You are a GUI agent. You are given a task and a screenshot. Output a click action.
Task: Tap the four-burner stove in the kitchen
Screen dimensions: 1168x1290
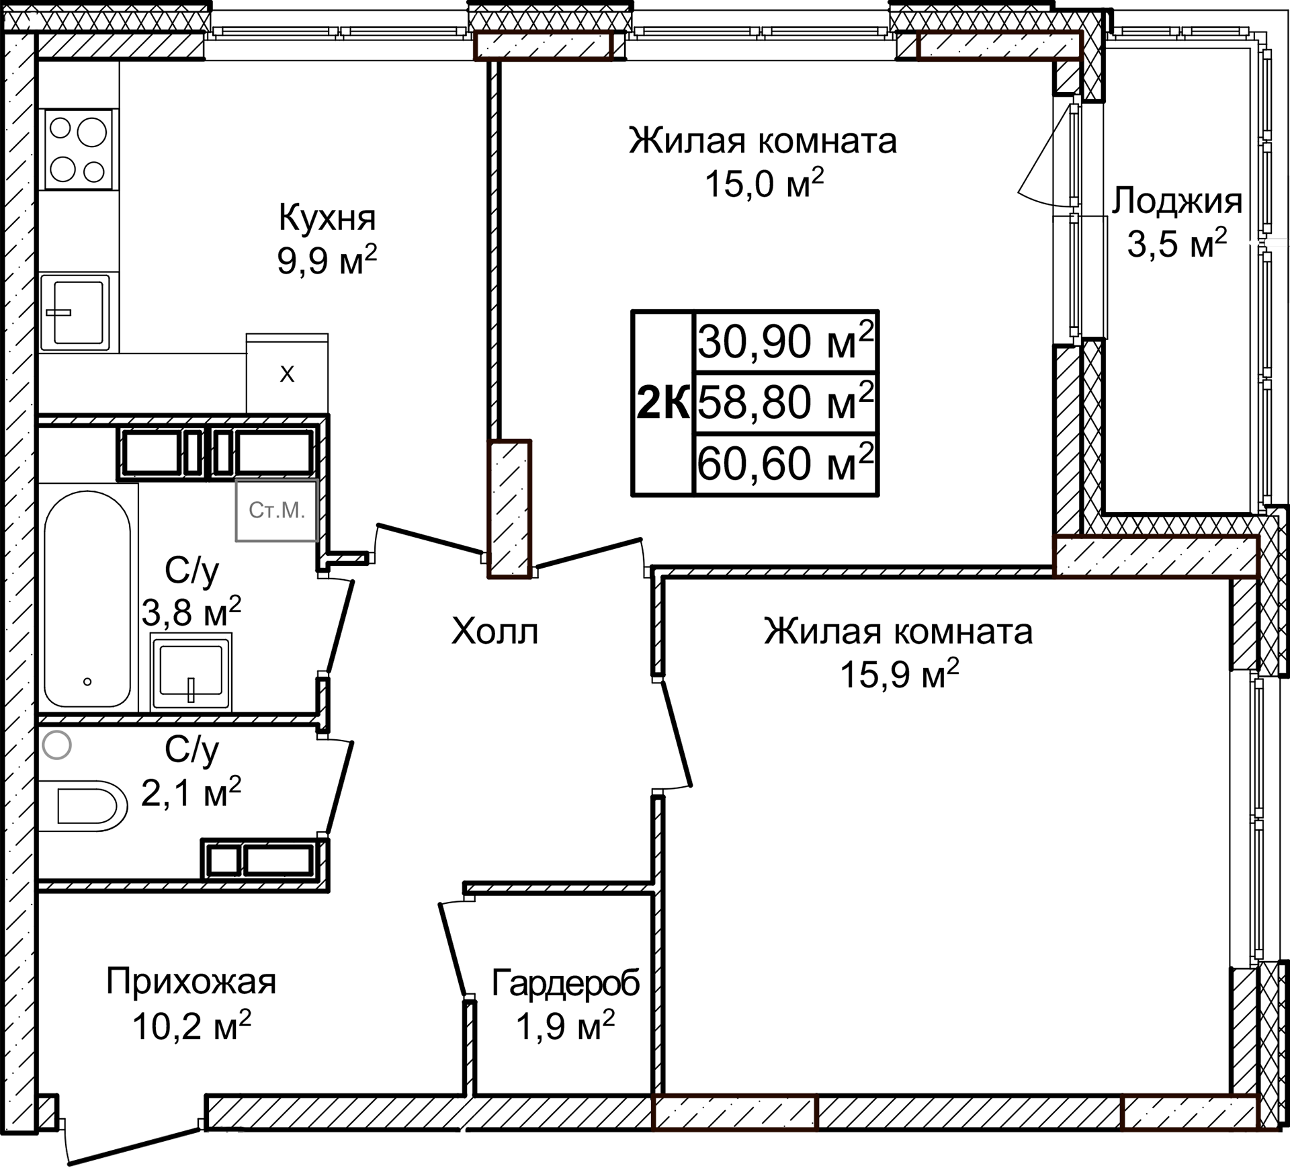(x=78, y=149)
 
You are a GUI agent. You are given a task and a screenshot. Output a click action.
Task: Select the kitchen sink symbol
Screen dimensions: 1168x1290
(x=75, y=312)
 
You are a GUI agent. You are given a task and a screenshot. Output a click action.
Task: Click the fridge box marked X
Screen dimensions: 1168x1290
(x=287, y=374)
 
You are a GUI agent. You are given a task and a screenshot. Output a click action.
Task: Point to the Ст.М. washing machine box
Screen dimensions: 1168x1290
(x=276, y=511)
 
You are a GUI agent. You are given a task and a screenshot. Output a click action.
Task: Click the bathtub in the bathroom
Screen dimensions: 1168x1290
(x=87, y=598)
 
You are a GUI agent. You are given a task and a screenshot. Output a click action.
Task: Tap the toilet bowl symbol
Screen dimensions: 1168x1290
(x=83, y=805)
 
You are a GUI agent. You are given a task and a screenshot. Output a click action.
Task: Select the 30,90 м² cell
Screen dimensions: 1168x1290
(x=785, y=341)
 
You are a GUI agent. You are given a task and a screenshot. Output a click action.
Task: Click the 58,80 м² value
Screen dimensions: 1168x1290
(x=785, y=402)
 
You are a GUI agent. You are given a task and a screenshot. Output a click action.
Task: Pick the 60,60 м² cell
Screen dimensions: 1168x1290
(x=785, y=463)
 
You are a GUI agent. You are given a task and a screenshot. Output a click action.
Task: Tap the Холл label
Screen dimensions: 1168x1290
(x=494, y=632)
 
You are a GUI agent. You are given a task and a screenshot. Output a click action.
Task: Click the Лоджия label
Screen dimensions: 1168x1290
(x=1176, y=200)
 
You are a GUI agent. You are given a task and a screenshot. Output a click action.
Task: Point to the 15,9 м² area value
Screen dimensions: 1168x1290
(x=898, y=674)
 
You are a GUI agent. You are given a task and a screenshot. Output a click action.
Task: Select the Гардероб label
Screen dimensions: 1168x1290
(x=565, y=983)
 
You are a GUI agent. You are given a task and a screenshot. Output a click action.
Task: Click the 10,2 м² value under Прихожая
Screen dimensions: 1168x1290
(x=191, y=1026)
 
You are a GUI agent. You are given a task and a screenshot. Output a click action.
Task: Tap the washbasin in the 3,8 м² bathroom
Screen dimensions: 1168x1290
(x=191, y=672)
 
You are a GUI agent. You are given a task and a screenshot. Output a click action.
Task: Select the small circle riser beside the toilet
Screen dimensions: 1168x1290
(x=56, y=745)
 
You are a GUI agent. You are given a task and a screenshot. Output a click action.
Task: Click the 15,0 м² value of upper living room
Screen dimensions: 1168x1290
(x=763, y=183)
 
